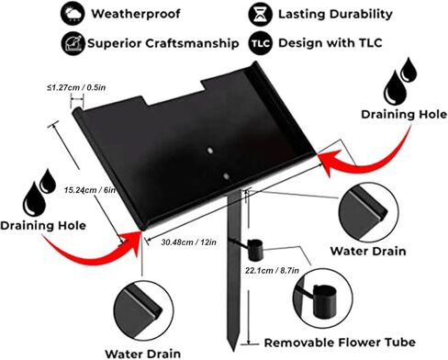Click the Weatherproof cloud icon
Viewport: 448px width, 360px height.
pyautogui.click(x=73, y=14)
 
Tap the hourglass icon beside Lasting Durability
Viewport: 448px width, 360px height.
pyautogui.click(x=261, y=14)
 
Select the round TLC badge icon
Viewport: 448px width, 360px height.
pyautogui.click(x=261, y=43)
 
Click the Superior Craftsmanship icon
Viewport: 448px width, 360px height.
pyautogui.click(x=73, y=43)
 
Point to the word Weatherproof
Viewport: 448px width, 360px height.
pyautogui.click(x=136, y=14)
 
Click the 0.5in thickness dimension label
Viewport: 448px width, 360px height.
pyautogui.click(x=76, y=87)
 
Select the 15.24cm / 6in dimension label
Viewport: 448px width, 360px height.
pyautogui.click(x=90, y=190)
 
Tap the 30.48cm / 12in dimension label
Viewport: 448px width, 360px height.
pyautogui.click(x=189, y=242)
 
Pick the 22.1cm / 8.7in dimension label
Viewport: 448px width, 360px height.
pyautogui.click(x=272, y=270)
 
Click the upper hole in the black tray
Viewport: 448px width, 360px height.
pyautogui.click(x=210, y=151)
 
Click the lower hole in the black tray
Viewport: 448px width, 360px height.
pyautogui.click(x=226, y=176)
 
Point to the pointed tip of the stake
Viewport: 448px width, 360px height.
pyautogui.click(x=233, y=351)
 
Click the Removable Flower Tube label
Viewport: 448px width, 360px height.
pyautogui.click(x=340, y=343)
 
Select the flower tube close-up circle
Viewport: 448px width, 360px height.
pyautogui.click(x=323, y=298)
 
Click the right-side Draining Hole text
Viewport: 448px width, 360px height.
pyautogui.click(x=404, y=114)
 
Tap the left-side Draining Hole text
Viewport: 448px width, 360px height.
pyautogui.click(x=43, y=226)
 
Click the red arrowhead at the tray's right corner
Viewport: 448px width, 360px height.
pyautogui.click(x=330, y=162)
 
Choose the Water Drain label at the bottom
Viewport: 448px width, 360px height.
pyautogui.click(x=142, y=354)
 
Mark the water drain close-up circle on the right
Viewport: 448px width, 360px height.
pyautogui.click(x=369, y=213)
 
